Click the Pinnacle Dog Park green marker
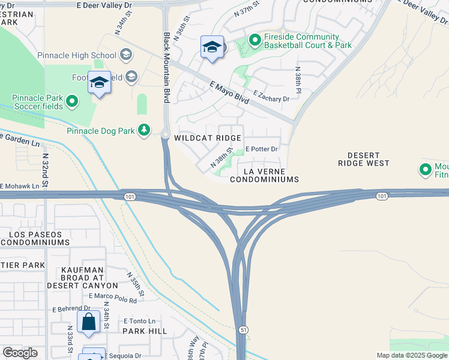point(144,130)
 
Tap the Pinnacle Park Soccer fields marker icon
point(72,101)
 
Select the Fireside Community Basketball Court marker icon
point(255,41)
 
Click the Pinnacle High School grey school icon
point(126,56)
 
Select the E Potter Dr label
point(262,149)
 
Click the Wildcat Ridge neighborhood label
point(207,138)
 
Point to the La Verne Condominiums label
point(264,175)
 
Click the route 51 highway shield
point(242,329)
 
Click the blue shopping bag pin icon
point(89,321)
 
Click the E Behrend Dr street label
point(71,308)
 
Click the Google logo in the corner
point(20,353)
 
